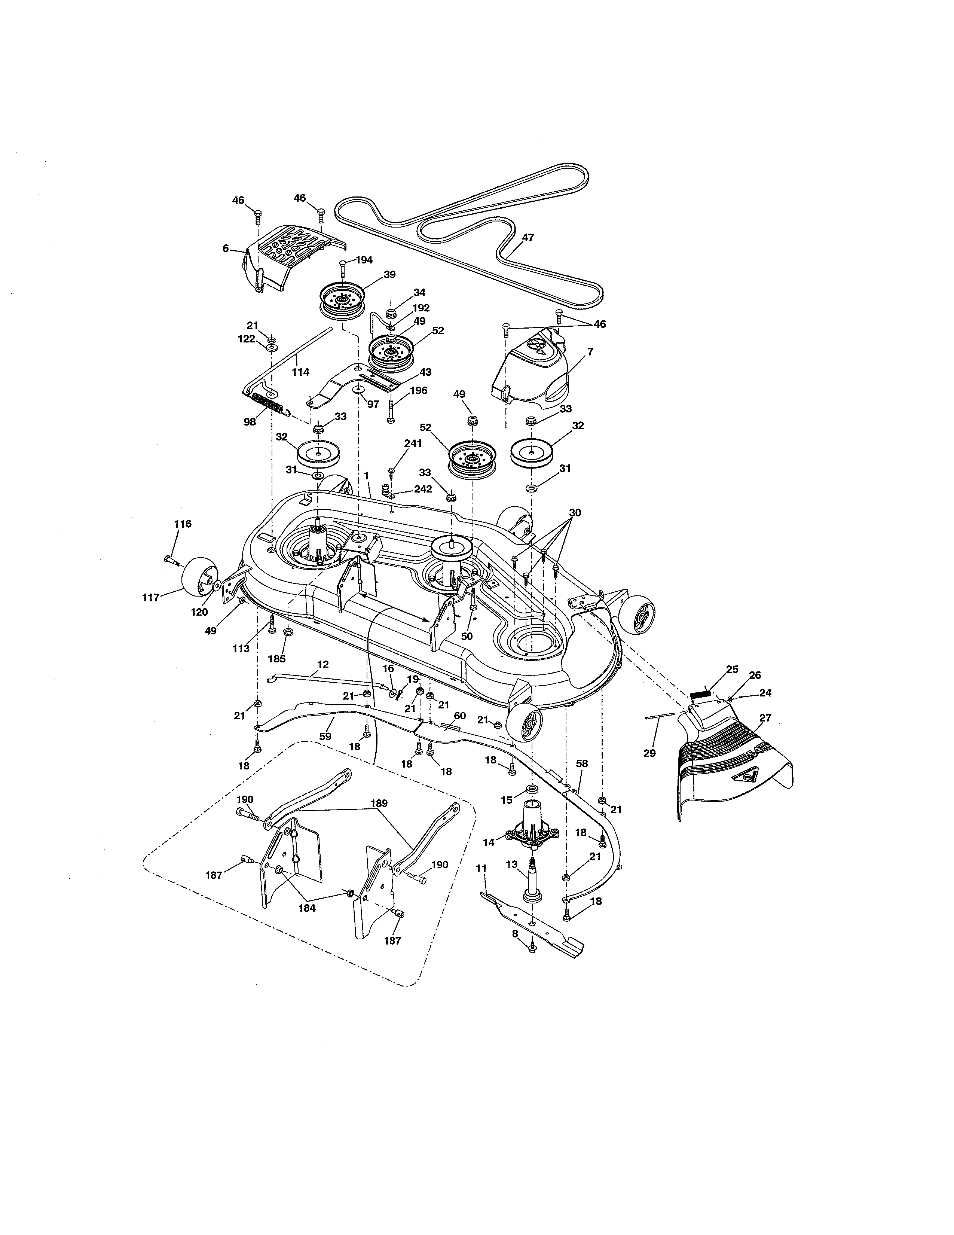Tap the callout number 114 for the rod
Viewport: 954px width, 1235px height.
301,372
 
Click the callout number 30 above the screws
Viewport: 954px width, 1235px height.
575,512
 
